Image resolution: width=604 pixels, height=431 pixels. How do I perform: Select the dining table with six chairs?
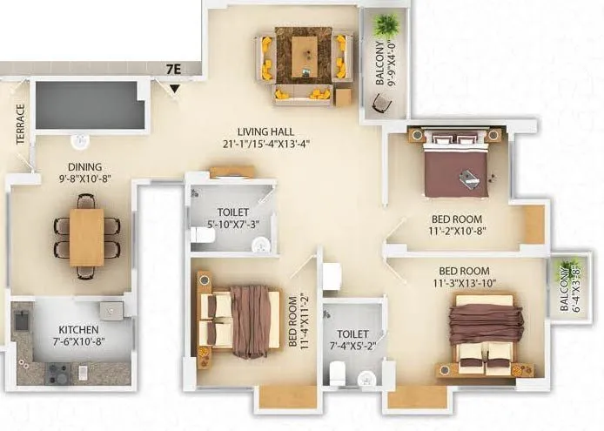pos(87,236)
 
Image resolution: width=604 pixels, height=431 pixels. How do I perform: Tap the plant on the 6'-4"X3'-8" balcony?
pos(570,269)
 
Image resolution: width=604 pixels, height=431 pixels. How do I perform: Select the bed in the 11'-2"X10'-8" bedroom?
pos(455,165)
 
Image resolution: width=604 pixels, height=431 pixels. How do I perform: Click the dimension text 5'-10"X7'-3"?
pos(233,224)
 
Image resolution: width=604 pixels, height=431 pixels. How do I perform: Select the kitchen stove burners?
pos(58,374)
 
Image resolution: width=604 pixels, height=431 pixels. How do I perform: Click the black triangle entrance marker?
pos(175,88)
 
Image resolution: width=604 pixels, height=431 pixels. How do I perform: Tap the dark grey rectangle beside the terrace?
pos(88,105)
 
